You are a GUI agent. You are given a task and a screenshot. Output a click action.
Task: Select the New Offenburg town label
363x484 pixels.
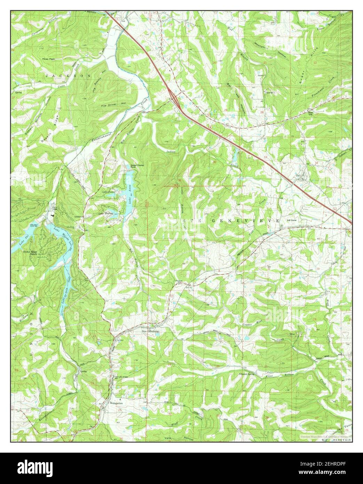[x=150, y=331]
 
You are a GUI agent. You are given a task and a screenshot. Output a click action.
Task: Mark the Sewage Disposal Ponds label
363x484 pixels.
[x=137, y=166]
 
